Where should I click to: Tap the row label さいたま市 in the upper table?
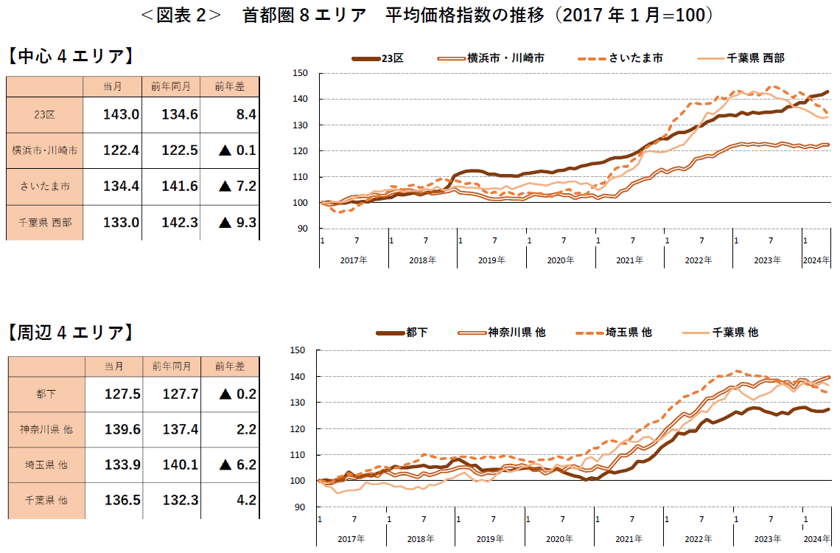click(45, 187)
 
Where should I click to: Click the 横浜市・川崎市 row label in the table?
click(45, 150)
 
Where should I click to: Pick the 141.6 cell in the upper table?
click(170, 186)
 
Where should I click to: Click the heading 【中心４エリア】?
click(71, 56)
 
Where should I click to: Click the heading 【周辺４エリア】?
click(71, 333)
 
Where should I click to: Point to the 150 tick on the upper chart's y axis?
click(300, 73)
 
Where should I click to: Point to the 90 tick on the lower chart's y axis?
click(300, 507)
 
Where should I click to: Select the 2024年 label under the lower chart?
click(815, 539)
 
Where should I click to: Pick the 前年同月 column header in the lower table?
click(172, 366)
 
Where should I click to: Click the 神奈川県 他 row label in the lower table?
click(46, 429)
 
